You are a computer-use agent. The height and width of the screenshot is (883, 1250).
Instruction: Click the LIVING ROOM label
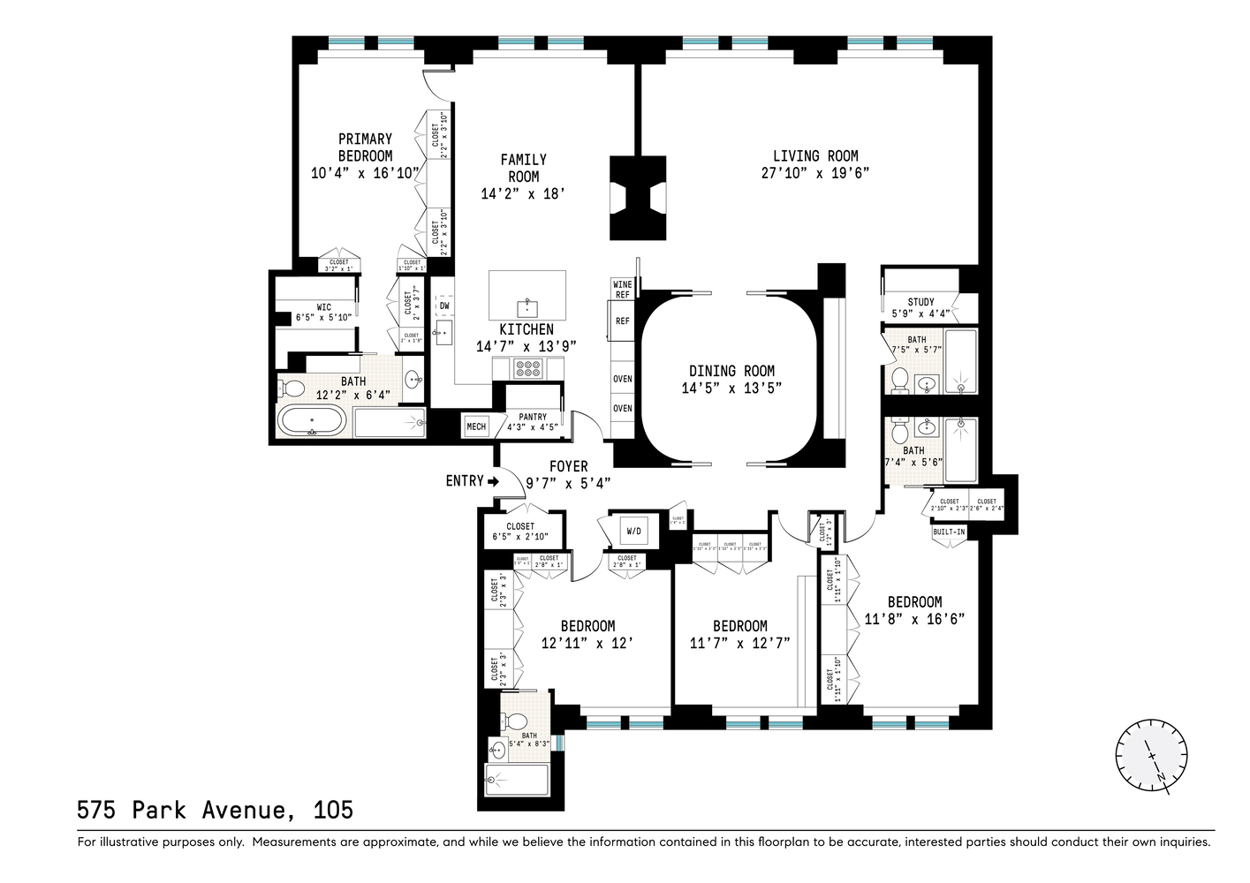tap(815, 156)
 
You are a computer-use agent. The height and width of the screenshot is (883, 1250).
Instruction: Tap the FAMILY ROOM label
tap(523, 168)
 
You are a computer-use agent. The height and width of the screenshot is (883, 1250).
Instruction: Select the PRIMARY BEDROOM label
tap(365, 147)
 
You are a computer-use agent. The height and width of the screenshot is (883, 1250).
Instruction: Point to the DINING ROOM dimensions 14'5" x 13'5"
tap(731, 388)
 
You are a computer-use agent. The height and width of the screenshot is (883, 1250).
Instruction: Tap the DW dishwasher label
tap(444, 306)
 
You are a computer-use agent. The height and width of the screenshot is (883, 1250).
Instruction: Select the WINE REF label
tap(622, 289)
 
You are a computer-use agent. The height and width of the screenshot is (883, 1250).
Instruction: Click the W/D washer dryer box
tap(633, 532)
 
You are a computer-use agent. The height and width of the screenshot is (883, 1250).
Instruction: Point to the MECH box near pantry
tap(475, 426)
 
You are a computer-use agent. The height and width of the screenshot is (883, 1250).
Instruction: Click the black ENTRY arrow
tap(493, 481)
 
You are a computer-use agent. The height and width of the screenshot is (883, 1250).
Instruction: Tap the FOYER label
tap(568, 466)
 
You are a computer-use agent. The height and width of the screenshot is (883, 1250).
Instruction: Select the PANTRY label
tap(533, 417)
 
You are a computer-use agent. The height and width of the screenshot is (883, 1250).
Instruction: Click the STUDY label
tap(920, 302)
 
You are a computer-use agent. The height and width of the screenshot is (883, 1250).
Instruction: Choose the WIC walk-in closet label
tap(324, 307)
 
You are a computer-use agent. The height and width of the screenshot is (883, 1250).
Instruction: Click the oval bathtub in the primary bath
tap(312, 421)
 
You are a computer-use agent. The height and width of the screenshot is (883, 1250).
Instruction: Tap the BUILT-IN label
tap(948, 532)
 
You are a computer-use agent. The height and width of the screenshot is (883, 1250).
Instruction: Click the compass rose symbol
tap(1151, 753)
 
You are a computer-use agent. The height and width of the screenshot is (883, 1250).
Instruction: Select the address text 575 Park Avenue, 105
tap(215, 810)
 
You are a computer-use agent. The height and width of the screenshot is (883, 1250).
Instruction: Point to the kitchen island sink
tap(527, 306)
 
